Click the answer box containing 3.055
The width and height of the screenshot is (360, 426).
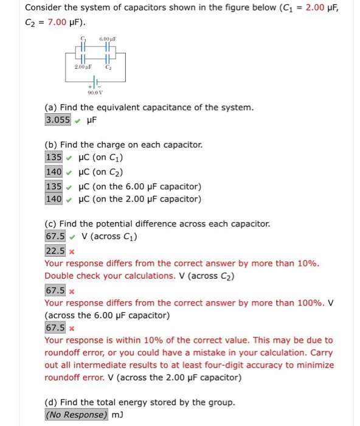click(58, 120)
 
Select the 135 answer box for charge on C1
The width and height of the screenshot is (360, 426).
click(54, 157)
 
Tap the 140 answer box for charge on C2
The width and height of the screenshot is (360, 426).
click(54, 171)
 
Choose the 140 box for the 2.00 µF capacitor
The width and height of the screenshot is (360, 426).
click(54, 198)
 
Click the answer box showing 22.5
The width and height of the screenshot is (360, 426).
click(55, 250)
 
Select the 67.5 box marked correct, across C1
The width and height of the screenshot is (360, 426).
click(55, 236)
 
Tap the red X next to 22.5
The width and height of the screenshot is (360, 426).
click(72, 251)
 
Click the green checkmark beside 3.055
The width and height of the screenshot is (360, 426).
click(77, 120)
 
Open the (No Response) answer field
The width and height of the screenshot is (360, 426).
click(77, 414)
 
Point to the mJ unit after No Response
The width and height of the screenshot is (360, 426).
click(117, 414)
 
